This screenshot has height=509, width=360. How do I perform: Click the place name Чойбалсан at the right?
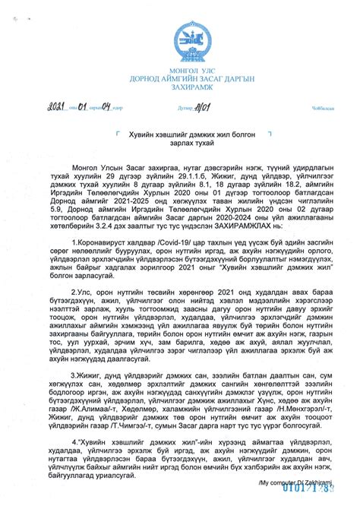[314, 107]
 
